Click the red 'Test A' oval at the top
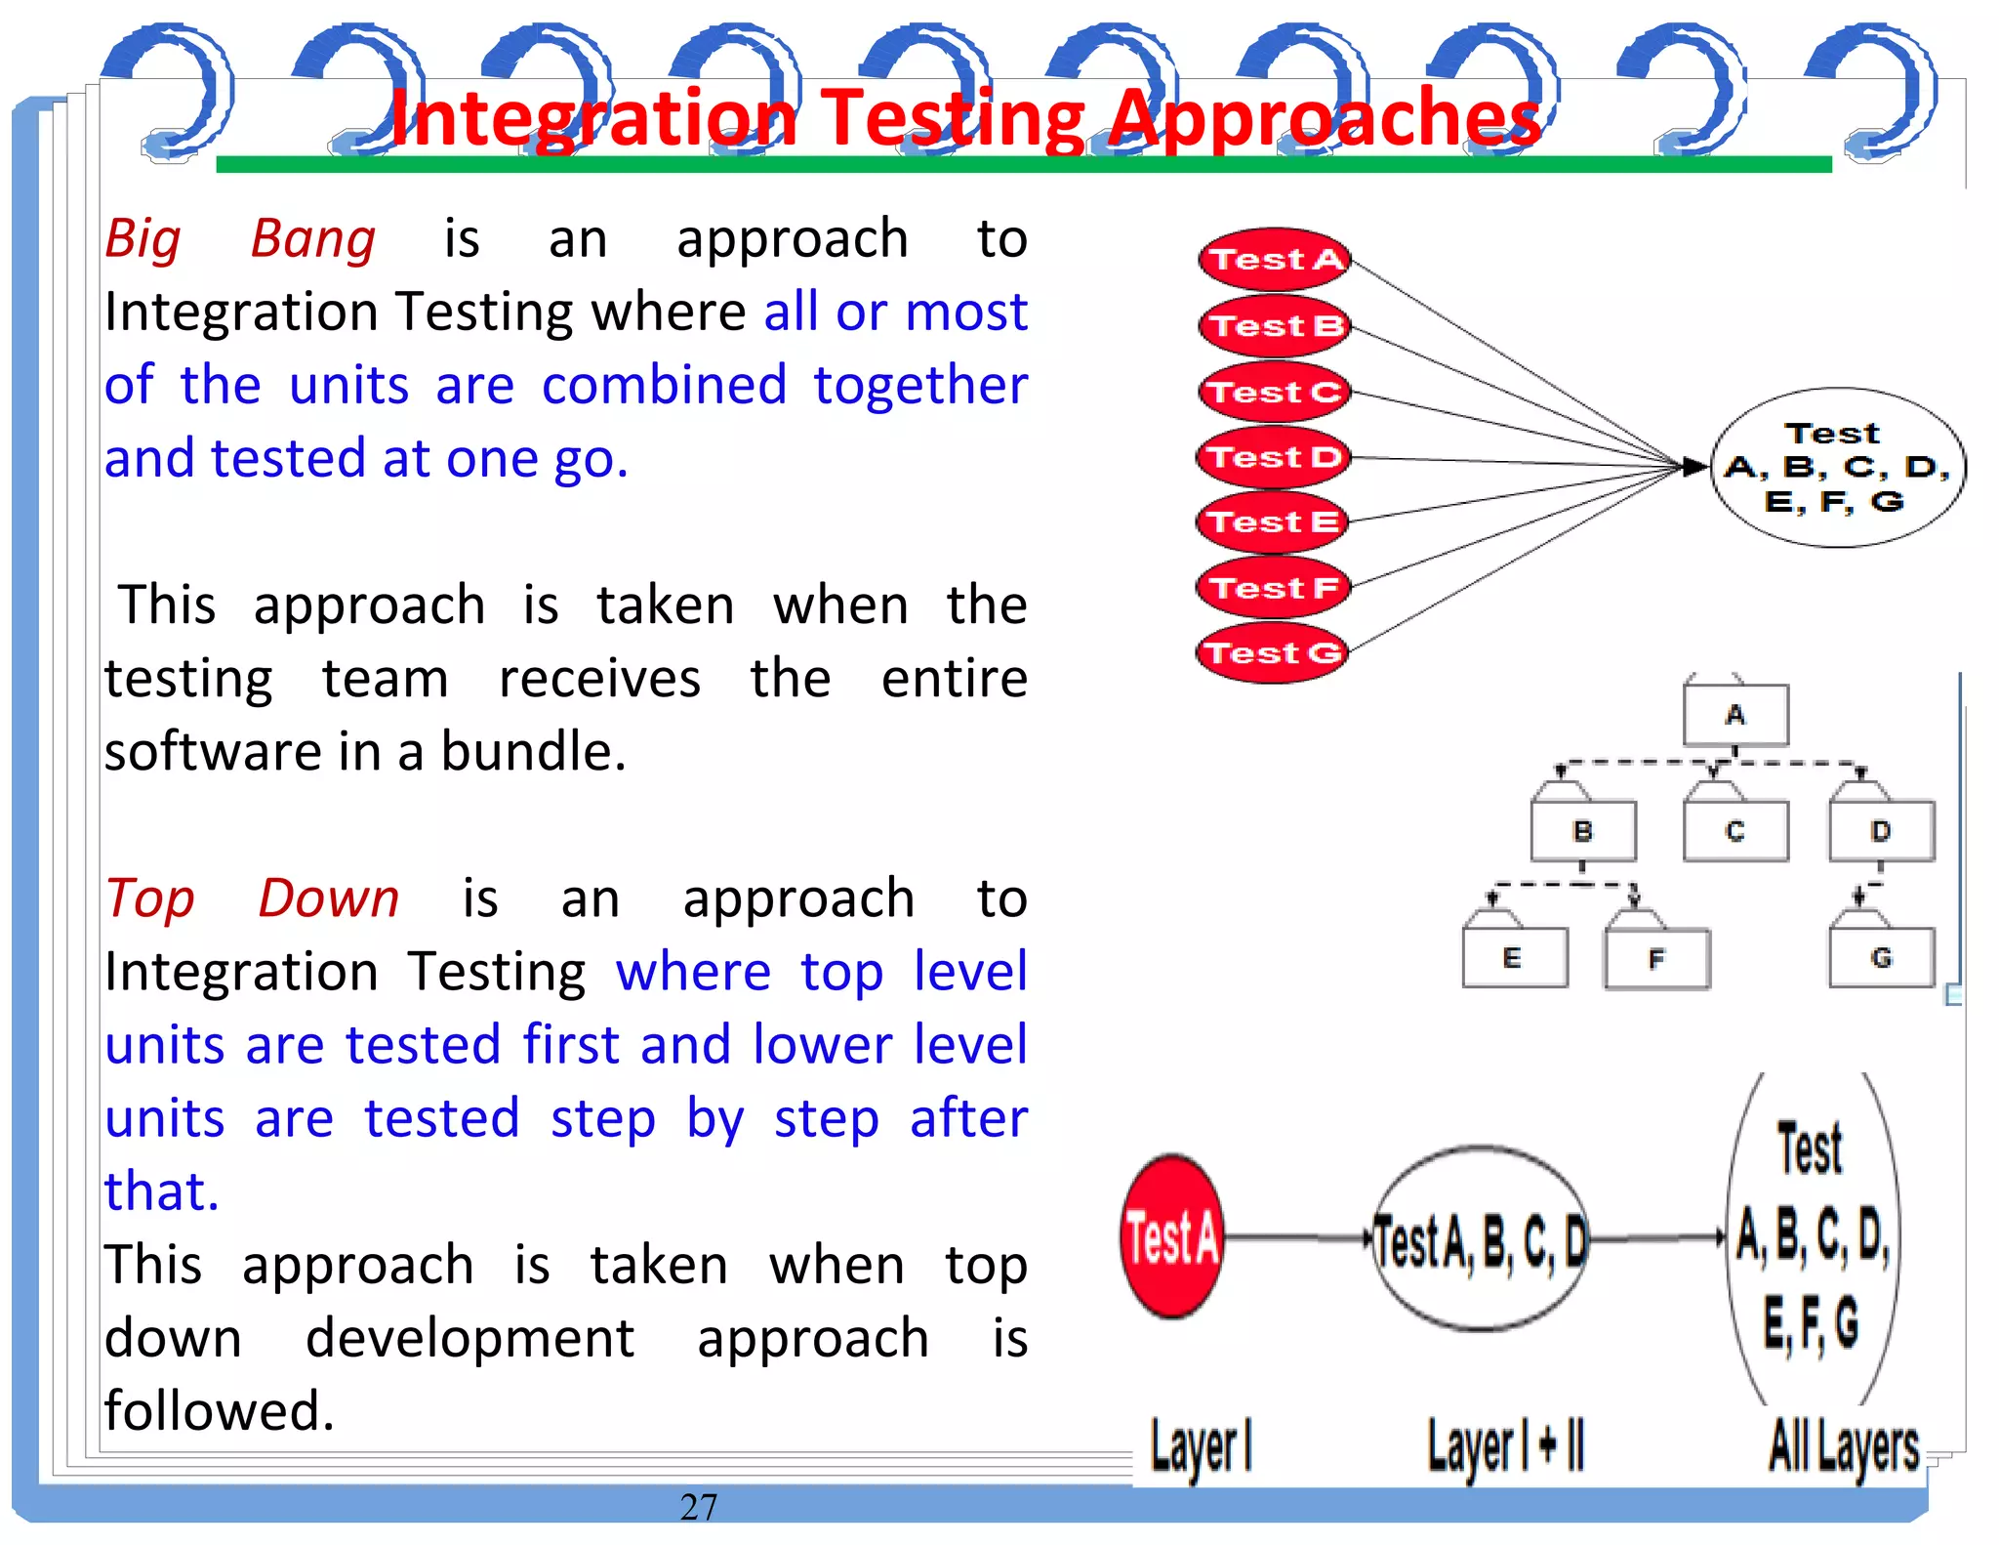[1274, 260]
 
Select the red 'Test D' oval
[1273, 457]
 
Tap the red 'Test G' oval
[1272, 652]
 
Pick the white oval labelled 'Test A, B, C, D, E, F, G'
[1837, 468]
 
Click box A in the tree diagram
[1735, 715]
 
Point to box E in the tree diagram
[1514, 958]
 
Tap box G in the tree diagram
[1881, 958]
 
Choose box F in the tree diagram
[1656, 959]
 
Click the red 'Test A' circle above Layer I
[1171, 1237]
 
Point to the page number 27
[699, 1507]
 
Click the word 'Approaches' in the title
[1325, 119]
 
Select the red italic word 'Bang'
[312, 239]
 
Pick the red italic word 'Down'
[329, 898]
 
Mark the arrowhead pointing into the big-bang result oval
[1695, 467]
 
